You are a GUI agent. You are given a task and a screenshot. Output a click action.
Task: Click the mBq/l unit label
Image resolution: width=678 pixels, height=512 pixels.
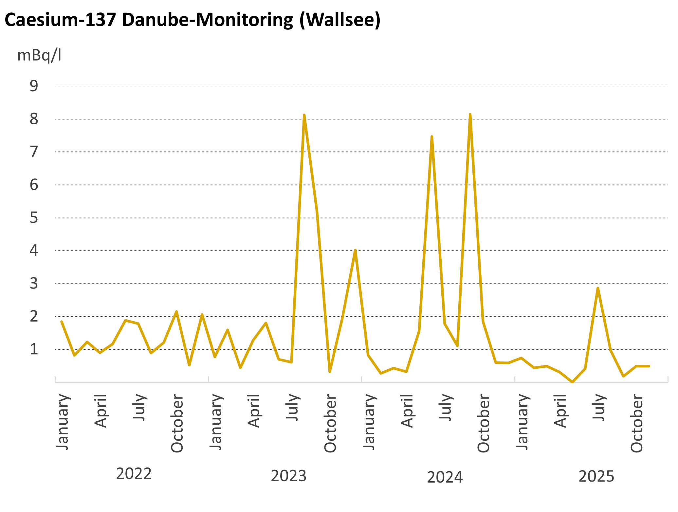(x=39, y=55)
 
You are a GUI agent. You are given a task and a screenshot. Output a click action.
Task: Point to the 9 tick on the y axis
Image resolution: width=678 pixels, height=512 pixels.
(x=34, y=86)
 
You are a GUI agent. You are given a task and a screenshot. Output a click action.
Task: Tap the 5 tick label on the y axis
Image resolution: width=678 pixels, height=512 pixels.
(x=34, y=218)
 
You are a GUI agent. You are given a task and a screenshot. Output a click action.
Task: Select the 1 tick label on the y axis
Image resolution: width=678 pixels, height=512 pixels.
(x=34, y=349)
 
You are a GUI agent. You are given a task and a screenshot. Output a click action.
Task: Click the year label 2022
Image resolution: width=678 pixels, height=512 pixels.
(x=134, y=474)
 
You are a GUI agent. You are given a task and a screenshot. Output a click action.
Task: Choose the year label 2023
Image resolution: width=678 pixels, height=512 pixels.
(x=288, y=476)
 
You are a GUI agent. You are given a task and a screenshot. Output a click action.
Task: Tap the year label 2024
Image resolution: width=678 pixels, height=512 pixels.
(x=445, y=477)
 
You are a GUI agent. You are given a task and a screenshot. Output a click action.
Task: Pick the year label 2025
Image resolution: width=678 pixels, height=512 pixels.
(x=596, y=476)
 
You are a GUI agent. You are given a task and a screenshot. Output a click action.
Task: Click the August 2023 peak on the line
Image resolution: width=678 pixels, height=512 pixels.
(x=304, y=115)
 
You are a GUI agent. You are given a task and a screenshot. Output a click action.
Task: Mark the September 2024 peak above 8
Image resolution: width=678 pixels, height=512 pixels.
(x=470, y=115)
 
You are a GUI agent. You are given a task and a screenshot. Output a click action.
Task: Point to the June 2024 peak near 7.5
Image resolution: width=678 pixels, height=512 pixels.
(x=432, y=137)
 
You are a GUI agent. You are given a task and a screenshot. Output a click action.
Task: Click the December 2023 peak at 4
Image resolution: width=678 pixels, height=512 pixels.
(x=355, y=250)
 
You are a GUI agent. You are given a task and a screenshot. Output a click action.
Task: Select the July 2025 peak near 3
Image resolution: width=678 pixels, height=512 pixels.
(x=598, y=288)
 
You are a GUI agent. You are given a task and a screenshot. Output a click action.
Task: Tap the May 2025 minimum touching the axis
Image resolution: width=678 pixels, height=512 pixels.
(x=572, y=382)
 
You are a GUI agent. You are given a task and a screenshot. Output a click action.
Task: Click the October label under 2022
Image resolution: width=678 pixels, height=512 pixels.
(x=177, y=423)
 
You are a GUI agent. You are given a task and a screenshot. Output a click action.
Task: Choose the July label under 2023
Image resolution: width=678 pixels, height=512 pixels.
(x=292, y=407)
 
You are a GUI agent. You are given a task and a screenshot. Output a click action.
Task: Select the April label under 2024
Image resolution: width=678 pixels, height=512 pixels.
(x=407, y=411)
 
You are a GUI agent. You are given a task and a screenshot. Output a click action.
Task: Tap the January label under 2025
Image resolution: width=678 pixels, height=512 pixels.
(x=522, y=422)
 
